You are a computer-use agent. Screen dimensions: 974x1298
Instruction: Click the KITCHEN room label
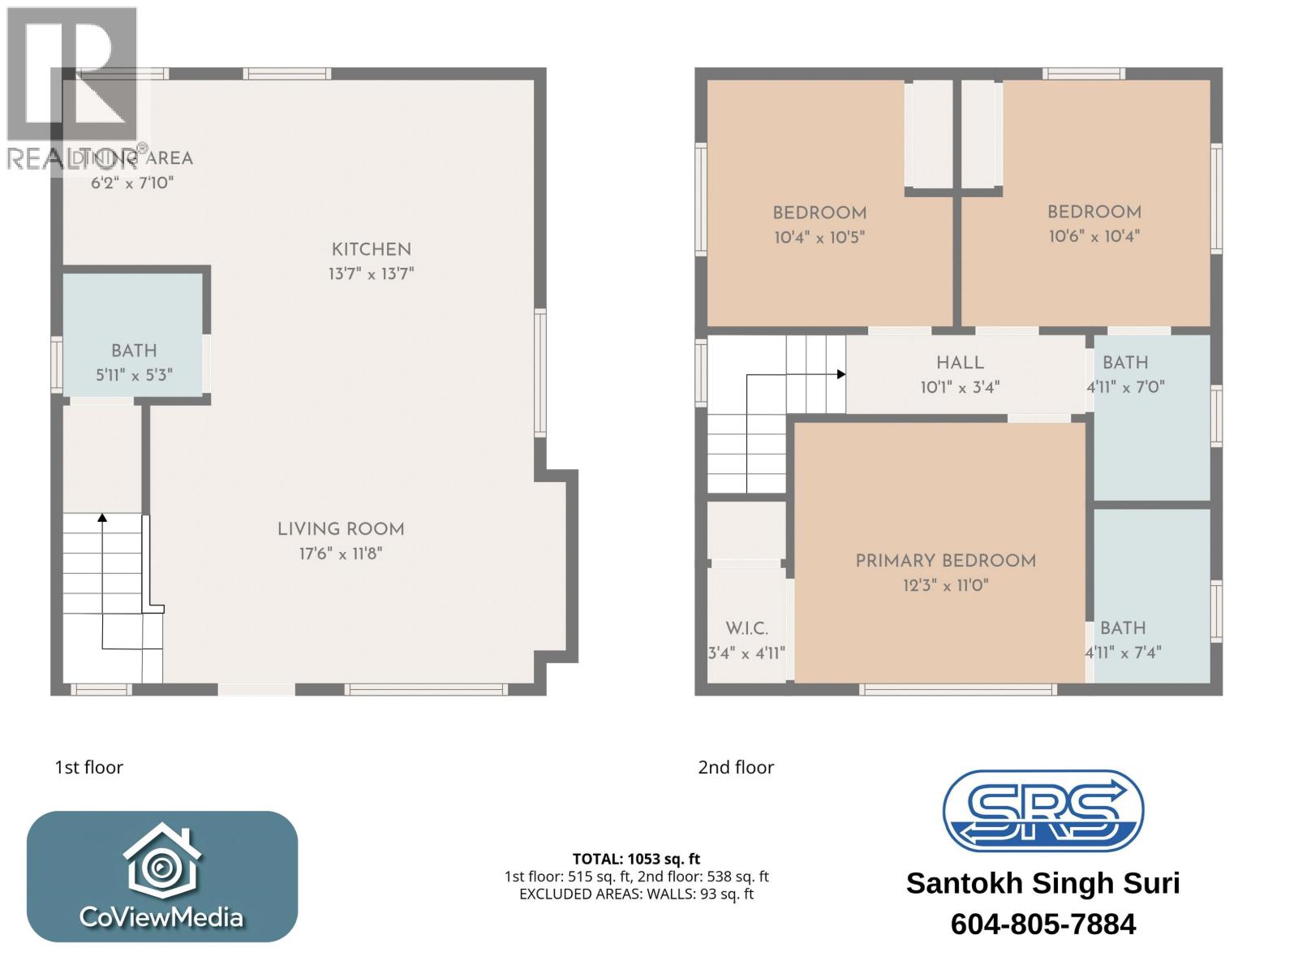coord(371,250)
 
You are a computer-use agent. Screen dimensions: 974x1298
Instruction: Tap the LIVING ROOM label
coord(341,529)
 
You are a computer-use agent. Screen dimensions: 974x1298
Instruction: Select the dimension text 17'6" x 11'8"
coord(340,554)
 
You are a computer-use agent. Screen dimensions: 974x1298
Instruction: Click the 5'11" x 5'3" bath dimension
coord(134,376)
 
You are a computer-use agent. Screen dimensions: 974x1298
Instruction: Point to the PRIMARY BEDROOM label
coord(945,561)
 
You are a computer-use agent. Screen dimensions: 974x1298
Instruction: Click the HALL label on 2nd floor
coord(960,363)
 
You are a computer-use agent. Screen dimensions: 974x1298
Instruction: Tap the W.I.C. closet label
coord(746,628)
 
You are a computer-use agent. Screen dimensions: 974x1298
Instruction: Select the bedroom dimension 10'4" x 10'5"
coord(819,238)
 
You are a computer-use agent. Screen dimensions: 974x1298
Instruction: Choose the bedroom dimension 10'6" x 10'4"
coord(1094,236)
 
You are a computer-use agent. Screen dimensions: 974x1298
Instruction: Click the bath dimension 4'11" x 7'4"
coord(1123,652)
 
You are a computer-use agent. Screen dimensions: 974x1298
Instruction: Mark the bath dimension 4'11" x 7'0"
coord(1125,387)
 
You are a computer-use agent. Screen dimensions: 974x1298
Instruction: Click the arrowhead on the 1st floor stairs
coord(102,517)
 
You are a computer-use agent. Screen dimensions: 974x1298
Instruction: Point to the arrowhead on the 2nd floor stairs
coord(841,374)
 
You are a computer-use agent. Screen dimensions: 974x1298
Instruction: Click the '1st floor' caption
coord(88,767)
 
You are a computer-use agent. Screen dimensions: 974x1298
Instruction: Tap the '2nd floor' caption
coord(736,767)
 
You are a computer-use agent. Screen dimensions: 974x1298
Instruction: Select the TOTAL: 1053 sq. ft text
coord(636,859)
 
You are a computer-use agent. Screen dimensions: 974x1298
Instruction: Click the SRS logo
coord(1042,810)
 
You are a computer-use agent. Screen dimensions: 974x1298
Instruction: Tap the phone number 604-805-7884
coord(1042,924)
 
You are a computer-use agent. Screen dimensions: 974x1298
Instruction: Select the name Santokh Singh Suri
coord(1042,883)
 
